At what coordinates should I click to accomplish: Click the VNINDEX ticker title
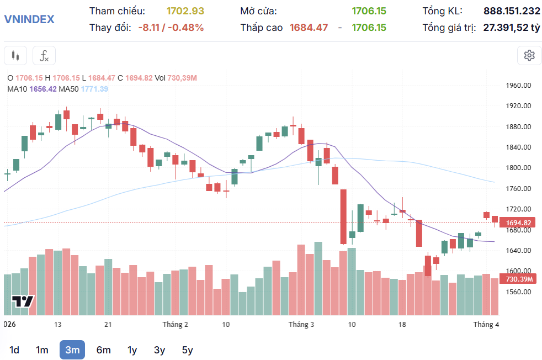29,19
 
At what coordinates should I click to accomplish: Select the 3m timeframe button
72,350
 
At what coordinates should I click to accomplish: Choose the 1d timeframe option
14,350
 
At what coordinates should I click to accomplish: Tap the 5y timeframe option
187,350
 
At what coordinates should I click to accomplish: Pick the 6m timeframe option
103,350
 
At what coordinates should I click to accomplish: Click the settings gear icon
529,55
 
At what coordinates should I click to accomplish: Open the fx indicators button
44,55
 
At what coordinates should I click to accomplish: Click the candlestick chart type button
15,55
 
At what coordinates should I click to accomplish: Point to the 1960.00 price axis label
518,86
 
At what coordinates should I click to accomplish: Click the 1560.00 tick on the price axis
518,292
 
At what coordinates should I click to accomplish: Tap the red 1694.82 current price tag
518,223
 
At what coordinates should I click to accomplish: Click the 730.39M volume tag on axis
518,279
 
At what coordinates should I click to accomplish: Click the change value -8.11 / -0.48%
171,28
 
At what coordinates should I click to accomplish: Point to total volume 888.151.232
512,11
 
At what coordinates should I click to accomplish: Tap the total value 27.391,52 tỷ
512,28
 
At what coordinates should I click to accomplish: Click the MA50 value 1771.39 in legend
94,89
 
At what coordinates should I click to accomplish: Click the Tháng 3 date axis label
301,325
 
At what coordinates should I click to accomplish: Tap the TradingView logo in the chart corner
23,301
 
